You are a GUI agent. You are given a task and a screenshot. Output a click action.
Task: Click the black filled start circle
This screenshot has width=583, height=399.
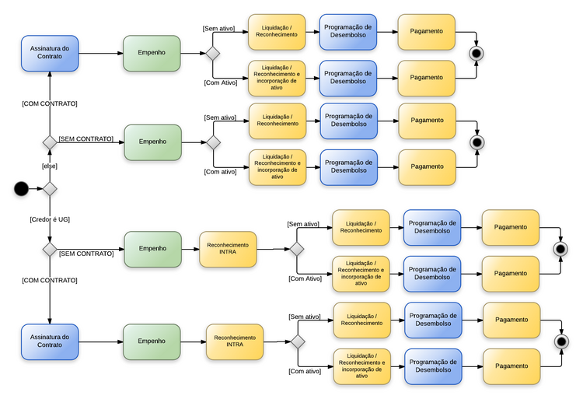click(21, 189)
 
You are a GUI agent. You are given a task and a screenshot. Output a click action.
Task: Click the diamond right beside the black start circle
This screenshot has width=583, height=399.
click(50, 189)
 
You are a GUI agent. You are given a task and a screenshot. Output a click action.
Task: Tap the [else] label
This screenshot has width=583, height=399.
click(50, 166)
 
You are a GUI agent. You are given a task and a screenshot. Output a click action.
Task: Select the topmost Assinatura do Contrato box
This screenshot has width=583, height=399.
click(50, 53)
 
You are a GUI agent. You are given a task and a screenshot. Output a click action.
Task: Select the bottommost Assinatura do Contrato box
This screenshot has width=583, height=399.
click(50, 341)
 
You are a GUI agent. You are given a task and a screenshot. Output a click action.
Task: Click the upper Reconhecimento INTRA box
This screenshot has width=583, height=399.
click(228, 249)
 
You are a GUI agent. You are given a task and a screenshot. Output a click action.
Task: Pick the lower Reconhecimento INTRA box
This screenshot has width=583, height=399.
click(235, 341)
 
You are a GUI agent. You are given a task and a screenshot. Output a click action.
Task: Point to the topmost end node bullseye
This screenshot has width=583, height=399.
click(477, 53)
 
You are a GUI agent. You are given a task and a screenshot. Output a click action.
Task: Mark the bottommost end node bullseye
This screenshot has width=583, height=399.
click(560, 341)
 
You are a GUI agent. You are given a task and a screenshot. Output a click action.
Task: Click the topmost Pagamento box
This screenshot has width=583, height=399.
click(427, 32)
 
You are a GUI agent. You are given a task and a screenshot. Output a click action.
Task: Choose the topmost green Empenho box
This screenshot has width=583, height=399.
click(152, 53)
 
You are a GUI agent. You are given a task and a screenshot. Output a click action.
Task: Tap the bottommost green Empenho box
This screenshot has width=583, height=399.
click(152, 341)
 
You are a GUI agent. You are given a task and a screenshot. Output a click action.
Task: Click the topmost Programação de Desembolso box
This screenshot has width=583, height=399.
click(347, 32)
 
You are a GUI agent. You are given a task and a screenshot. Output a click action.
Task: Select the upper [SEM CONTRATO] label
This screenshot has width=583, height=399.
click(86, 139)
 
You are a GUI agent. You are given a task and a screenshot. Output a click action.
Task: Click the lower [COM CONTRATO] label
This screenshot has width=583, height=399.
click(50, 280)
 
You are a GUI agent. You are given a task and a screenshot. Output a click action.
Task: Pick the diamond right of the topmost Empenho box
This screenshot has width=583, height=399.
click(211, 53)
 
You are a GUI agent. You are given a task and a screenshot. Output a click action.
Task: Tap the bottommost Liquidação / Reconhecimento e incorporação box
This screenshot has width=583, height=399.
click(361, 364)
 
